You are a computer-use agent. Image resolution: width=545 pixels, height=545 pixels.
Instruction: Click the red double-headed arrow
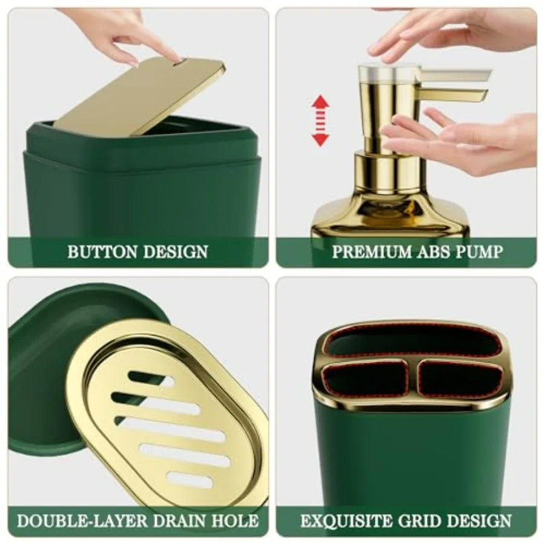coord(320,121)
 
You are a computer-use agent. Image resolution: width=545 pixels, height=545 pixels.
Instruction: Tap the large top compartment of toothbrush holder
coord(412,341)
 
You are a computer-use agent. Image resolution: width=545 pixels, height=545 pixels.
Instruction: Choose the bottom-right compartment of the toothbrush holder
coord(460,378)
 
